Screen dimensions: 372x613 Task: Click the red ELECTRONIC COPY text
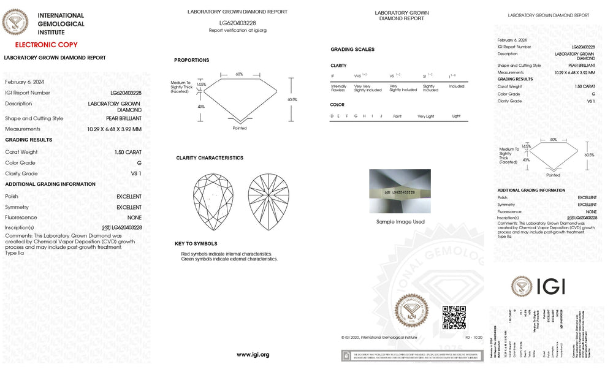pyautogui.click(x=46, y=45)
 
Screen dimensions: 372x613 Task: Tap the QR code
pyautogui.click(x=454, y=317)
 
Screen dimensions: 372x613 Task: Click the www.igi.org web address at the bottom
pyautogui.click(x=253, y=355)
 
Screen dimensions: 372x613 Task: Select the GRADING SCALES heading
pyautogui.click(x=352, y=50)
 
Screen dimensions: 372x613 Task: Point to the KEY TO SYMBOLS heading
pyautogui.click(x=196, y=244)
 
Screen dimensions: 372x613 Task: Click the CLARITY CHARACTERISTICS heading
pyautogui.click(x=210, y=158)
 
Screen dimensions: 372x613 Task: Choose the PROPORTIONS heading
pyautogui.click(x=191, y=60)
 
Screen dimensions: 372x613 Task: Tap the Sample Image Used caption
pyautogui.click(x=400, y=222)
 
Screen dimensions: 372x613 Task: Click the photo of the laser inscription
pyautogui.click(x=400, y=192)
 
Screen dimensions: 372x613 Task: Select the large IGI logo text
pyautogui.click(x=550, y=287)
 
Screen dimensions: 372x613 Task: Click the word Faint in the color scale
pyautogui.click(x=398, y=116)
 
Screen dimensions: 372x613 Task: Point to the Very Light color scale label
pyautogui.click(x=426, y=116)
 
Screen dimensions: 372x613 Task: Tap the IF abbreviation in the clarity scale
pyautogui.click(x=333, y=75)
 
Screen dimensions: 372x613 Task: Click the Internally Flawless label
pyautogui.click(x=338, y=88)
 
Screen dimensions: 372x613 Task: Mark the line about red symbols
pyautogui.click(x=227, y=254)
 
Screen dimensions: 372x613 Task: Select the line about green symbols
pyautogui.click(x=229, y=259)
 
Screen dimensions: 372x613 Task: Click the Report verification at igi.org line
pyautogui.click(x=237, y=30)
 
